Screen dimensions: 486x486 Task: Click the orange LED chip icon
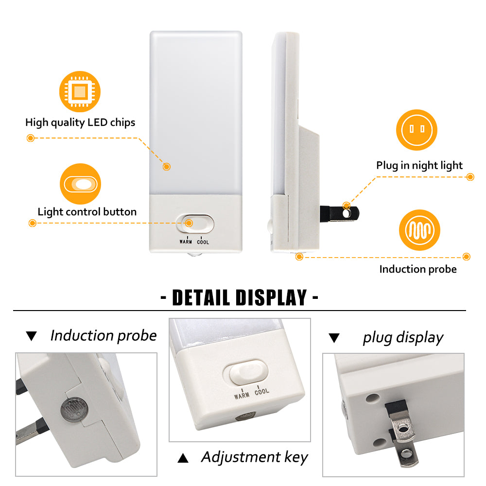tap(80, 91)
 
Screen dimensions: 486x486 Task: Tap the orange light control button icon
tap(80, 184)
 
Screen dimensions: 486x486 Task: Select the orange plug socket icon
tap(417, 130)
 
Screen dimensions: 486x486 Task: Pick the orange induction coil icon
tap(419, 230)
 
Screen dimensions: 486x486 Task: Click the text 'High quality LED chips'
tap(80, 122)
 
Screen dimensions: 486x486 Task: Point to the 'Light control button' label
tap(87, 212)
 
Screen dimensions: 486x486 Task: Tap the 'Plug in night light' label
tap(419, 166)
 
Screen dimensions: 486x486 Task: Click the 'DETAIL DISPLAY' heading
tap(239, 298)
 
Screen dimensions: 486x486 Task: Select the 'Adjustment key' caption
tap(255, 457)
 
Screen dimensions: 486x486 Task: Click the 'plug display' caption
tap(403, 338)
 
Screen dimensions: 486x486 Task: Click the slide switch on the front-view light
tap(195, 224)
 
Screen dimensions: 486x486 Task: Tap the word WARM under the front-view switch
tap(186, 242)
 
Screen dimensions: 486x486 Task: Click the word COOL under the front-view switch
tap(203, 242)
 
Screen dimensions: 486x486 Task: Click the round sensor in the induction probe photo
tap(74, 409)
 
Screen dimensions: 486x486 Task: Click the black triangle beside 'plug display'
tap(334, 338)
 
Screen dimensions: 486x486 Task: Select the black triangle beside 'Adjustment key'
tap(183, 458)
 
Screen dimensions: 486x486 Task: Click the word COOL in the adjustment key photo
tap(262, 391)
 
